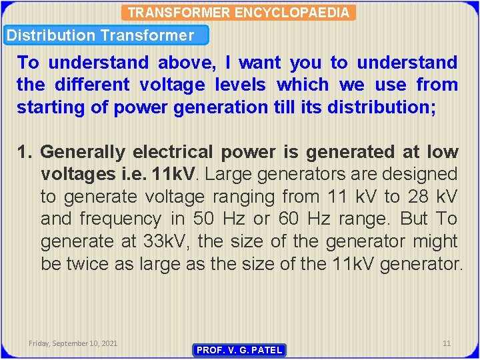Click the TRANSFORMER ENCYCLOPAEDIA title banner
pos(238,13)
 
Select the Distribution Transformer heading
pos(100,35)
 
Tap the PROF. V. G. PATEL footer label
pos(239,350)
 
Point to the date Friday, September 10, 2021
pos(73,343)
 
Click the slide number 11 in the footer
pos(447,343)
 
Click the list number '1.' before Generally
pos(25,152)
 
